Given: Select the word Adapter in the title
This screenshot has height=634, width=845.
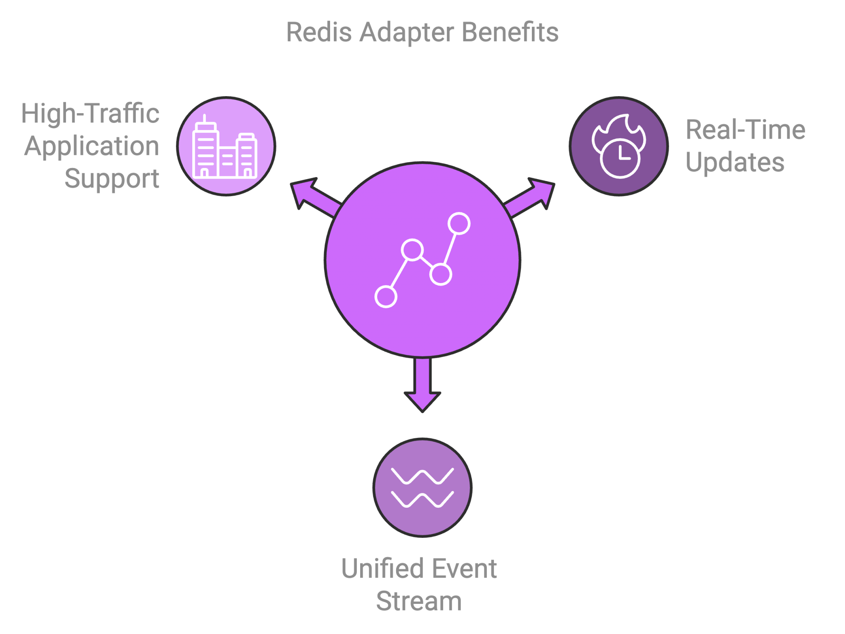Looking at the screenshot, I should tap(406, 33).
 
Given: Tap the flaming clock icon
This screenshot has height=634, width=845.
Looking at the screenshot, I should tap(618, 146).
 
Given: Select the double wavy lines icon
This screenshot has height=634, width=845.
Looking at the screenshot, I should tap(422, 487).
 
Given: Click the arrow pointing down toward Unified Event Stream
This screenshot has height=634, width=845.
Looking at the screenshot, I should tap(422, 388).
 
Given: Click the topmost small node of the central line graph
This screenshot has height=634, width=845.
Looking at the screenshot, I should tap(459, 223).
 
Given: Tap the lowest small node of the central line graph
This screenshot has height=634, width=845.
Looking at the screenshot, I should tap(386, 296).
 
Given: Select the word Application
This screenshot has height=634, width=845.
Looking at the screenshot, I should tap(92, 146).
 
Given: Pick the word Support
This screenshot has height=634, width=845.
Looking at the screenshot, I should tap(112, 179).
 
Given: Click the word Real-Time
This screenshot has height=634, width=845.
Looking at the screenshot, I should tap(745, 130).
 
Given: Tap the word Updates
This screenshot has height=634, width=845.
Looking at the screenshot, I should tap(735, 162).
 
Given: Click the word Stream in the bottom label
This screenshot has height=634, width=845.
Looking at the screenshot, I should tap(419, 601).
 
